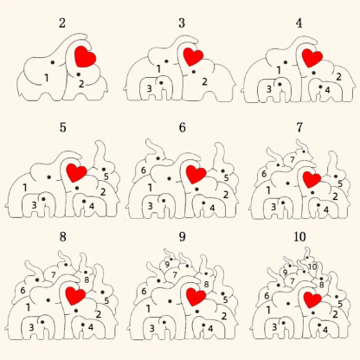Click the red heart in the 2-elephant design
point(85,56)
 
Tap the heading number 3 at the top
point(182,23)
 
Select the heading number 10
point(299,237)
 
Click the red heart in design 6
point(196,174)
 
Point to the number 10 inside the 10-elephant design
point(312,267)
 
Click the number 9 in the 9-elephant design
point(167,264)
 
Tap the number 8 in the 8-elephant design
point(87,280)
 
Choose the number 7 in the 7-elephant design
point(292,159)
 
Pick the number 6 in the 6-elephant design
point(144,170)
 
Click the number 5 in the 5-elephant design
point(106,177)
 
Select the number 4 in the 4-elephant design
point(327,90)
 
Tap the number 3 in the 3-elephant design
point(149,88)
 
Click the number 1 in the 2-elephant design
point(46,78)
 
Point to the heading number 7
point(299,127)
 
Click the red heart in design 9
point(196,297)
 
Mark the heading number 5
point(62,127)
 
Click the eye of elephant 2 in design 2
point(78,74)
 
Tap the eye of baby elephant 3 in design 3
point(161,83)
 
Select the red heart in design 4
point(312,58)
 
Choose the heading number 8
point(62,237)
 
